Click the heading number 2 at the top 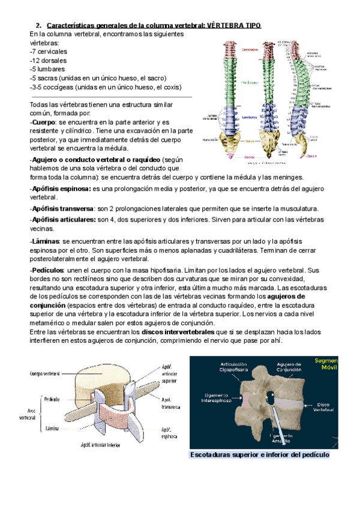38,26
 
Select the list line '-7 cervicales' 49,52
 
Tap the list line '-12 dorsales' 48,60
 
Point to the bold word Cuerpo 43,122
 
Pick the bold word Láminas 44,241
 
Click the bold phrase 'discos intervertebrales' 178,332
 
